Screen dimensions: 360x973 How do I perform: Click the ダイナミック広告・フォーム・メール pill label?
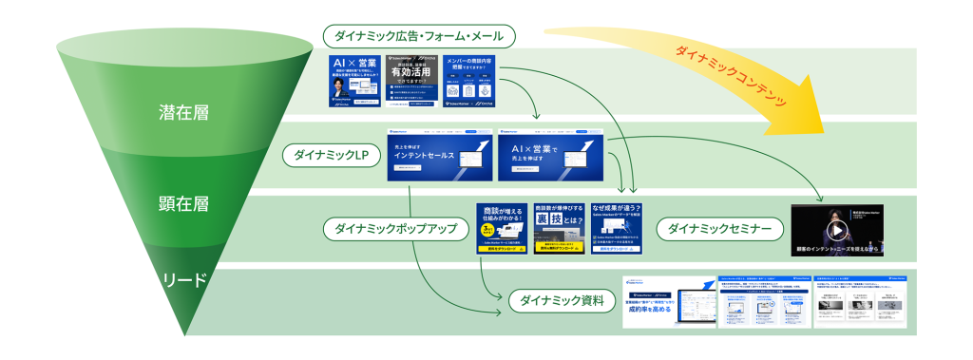[419, 37]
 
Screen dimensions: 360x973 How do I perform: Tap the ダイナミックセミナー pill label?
[718, 228]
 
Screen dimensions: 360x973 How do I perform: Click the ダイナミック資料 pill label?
[557, 301]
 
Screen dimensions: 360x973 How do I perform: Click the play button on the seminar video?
[836, 230]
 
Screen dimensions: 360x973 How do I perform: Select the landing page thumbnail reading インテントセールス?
[440, 155]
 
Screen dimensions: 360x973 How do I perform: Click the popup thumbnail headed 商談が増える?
[501, 228]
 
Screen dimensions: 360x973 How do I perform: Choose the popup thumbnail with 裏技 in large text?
[560, 228]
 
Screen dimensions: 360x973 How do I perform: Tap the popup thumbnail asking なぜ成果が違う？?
[618, 228]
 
